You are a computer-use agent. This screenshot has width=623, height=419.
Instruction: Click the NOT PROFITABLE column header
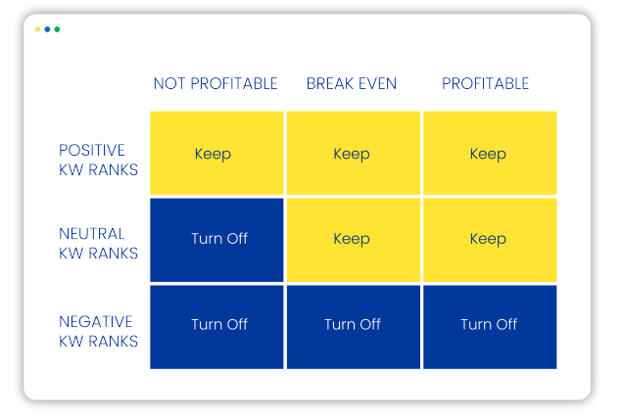pos(216,84)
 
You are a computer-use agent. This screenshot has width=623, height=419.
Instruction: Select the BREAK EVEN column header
pos(352,84)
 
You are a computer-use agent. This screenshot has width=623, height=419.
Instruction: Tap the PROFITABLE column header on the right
pos(485,84)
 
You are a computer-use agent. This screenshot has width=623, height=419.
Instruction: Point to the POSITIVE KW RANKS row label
pos(98,160)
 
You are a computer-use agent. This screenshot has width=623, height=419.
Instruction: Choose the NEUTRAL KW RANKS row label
pos(98,244)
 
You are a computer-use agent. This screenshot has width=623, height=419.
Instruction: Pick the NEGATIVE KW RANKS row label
pos(98,331)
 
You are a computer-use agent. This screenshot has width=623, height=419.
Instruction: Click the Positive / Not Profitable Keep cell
pos(216,153)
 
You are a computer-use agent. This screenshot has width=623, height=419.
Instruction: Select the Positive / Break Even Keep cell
pos(354,153)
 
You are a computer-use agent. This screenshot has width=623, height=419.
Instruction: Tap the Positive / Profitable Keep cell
pos(490,153)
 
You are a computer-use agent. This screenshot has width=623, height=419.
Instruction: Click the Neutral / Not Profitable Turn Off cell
pos(216,240)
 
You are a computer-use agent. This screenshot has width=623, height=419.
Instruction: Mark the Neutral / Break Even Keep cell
pos(354,240)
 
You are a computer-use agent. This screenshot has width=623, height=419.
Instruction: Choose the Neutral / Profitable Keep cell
pos(490,240)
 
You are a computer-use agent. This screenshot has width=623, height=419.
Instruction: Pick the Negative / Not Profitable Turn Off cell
pos(216,327)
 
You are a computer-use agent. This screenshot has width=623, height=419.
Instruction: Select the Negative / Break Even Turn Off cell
pos(354,327)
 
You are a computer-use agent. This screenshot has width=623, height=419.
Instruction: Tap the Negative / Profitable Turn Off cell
pos(490,327)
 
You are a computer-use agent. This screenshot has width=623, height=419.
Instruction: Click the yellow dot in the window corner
pos(38,29)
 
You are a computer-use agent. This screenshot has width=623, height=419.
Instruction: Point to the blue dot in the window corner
pos(47,29)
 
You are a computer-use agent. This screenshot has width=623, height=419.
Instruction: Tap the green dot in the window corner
pos(57,29)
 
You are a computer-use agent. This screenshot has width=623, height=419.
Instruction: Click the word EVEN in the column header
pos(377,84)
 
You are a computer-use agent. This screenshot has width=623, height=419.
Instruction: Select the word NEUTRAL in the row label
pos(92,234)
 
